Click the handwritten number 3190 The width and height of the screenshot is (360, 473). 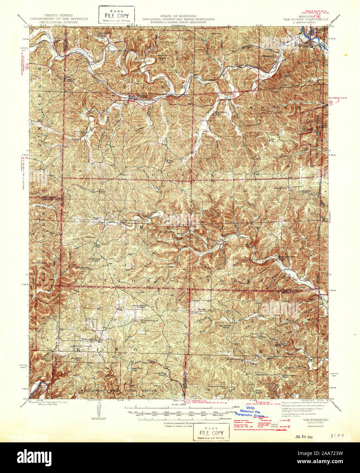334,436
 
